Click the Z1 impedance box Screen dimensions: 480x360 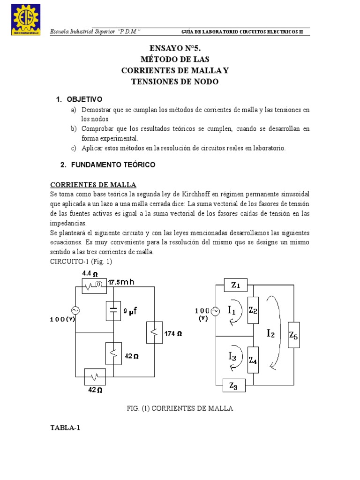tap(235, 285)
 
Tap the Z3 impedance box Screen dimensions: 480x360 tap(234, 385)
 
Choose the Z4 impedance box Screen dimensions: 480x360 tap(253, 360)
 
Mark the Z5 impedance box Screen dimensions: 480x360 tap(293, 335)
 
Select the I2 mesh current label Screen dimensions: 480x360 tap(271, 333)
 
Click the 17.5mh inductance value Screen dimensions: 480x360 tap(121, 282)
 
